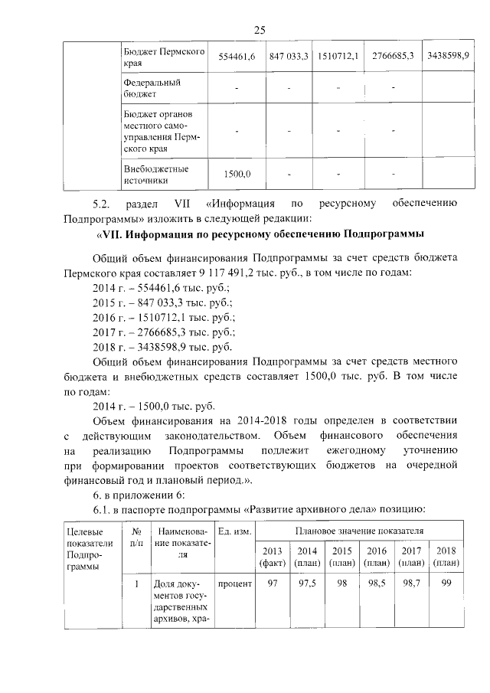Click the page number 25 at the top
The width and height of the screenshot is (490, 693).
click(x=259, y=29)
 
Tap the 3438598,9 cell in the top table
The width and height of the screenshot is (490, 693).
click(x=448, y=57)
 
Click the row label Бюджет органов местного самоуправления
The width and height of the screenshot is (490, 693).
click(x=161, y=131)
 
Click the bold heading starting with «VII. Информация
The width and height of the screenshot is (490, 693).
click(x=260, y=234)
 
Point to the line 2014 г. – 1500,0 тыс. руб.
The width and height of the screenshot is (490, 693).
click(x=153, y=406)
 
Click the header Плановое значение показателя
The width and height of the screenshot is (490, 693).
click(x=359, y=529)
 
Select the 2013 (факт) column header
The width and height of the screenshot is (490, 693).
click(x=272, y=557)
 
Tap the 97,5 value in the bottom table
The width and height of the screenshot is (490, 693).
click(x=307, y=584)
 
